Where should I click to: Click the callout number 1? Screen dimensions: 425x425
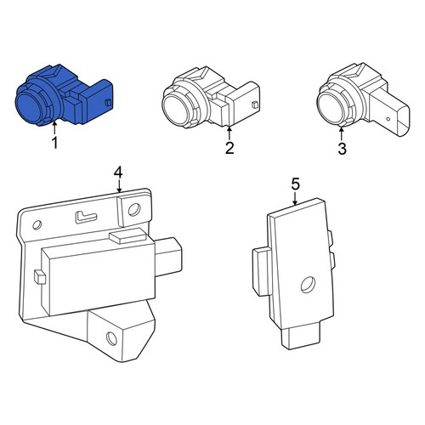click(55, 143)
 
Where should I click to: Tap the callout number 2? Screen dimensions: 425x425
click(229, 148)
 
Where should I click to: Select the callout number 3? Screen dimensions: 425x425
click(343, 149)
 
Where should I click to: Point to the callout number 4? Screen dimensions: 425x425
click(118, 173)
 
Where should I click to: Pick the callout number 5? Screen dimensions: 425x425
click(295, 184)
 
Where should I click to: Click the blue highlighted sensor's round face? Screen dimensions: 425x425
click(30, 107)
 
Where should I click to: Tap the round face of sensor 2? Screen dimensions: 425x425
click(176, 110)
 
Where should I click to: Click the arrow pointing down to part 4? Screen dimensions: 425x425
click(119, 185)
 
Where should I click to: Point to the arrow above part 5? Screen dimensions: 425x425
click(295, 198)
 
